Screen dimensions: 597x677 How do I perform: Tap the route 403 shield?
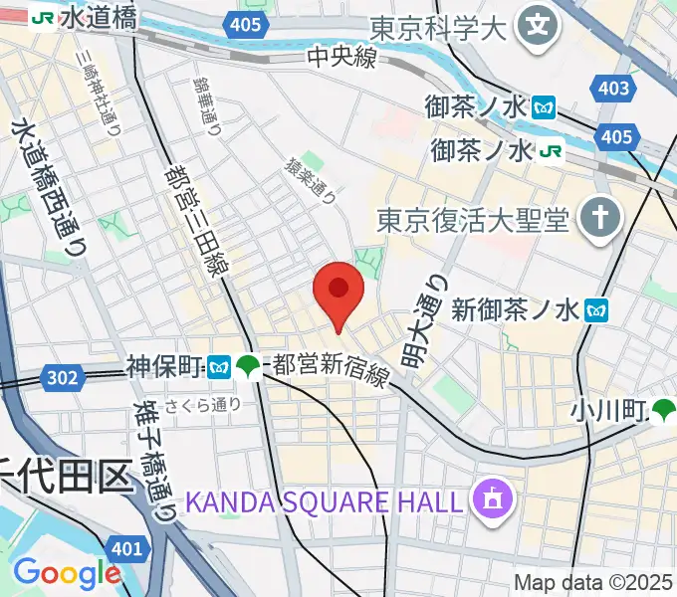click(x=614, y=89)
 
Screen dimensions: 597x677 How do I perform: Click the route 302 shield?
click(x=62, y=375)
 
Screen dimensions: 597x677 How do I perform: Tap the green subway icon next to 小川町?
click(x=664, y=408)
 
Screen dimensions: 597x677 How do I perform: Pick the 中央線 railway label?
click(x=341, y=59)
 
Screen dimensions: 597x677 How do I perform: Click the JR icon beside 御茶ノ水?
click(x=552, y=151)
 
